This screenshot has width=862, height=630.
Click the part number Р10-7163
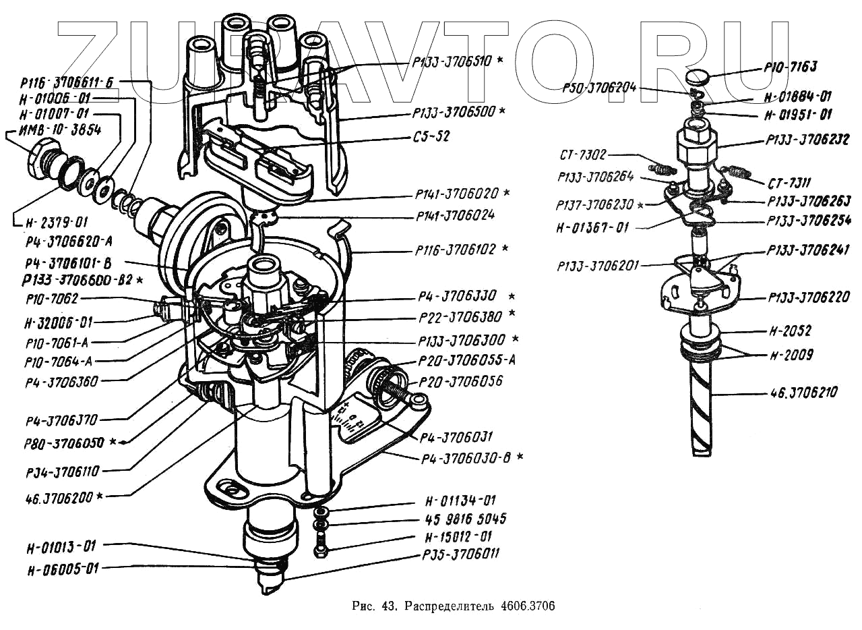click(x=790, y=67)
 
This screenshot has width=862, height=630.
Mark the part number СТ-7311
click(x=789, y=183)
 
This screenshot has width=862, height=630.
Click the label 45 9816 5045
click(x=466, y=519)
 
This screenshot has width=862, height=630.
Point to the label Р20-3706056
click(x=460, y=382)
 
